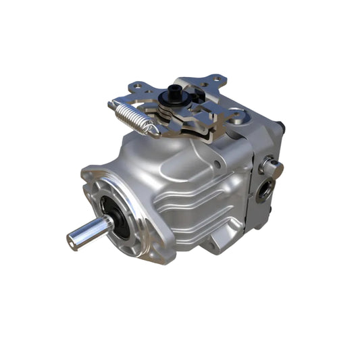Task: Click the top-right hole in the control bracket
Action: click(x=215, y=80)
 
